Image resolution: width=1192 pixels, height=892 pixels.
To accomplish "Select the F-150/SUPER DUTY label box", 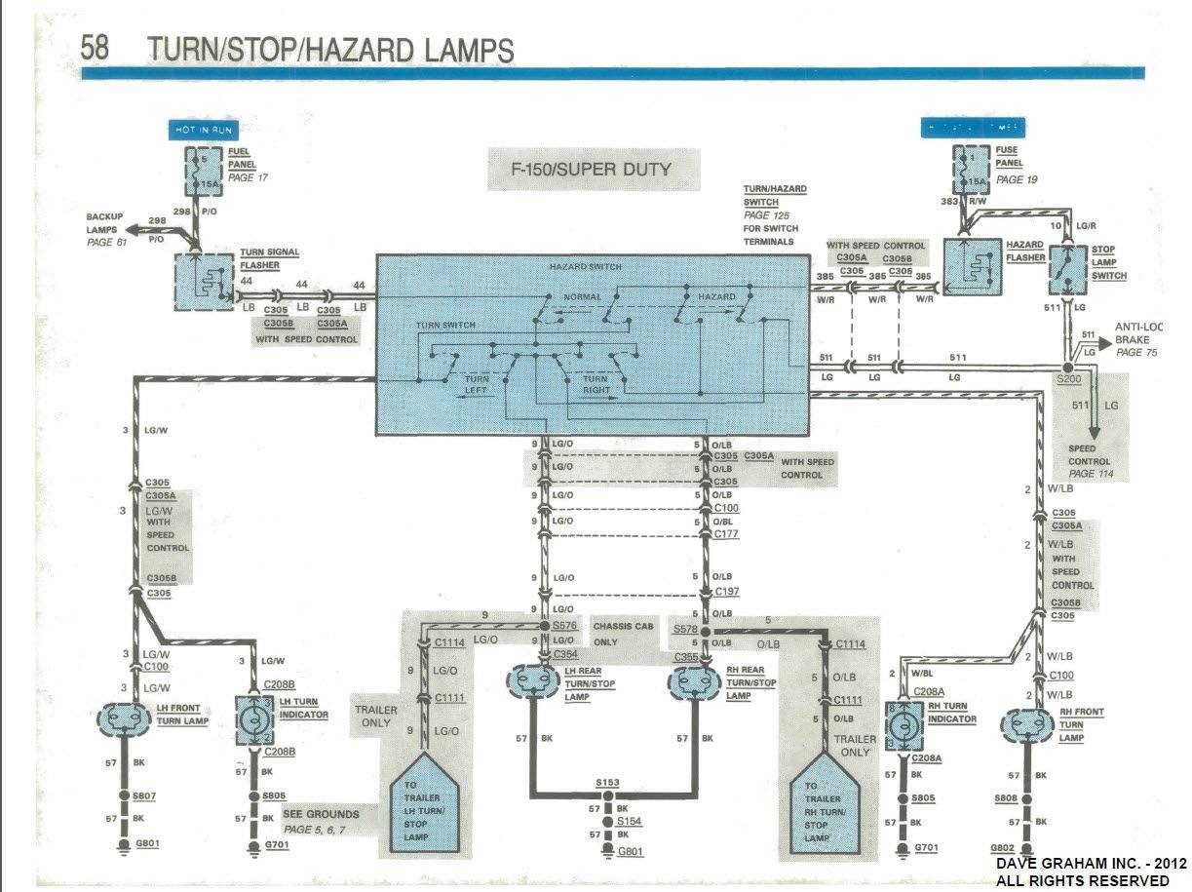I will [593, 169].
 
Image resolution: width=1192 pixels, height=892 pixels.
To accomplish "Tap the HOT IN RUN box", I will [201, 130].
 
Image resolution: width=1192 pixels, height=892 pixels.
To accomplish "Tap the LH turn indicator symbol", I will [253, 722].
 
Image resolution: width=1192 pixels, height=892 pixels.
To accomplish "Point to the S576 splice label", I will [564, 625].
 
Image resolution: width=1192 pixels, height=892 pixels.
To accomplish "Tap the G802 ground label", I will [1004, 848].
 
